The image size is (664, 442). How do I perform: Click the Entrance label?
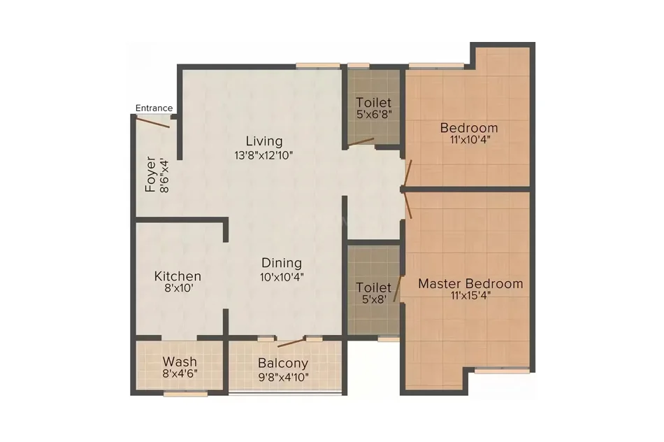(154, 108)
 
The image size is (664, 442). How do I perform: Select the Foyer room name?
(150, 174)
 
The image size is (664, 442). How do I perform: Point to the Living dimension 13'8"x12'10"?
(264, 155)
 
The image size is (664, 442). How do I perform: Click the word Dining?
(282, 263)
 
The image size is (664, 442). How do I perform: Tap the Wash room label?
(180, 362)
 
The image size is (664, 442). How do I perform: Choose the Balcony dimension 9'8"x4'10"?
(283, 377)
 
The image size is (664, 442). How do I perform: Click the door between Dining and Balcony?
(291, 343)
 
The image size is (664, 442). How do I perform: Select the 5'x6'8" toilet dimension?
(374, 114)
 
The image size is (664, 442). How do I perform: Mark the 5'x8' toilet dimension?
(374, 299)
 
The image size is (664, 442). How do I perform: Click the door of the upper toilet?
(361, 142)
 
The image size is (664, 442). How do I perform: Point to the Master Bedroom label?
(470, 283)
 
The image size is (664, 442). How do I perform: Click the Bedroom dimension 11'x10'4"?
(470, 139)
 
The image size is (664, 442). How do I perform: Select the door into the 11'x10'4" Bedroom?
(407, 173)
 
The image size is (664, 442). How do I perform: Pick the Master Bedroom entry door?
(407, 206)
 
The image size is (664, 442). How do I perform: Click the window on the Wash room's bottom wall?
(185, 394)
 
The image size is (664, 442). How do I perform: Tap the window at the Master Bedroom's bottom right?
(502, 371)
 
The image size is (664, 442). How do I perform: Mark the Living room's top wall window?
(317, 66)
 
